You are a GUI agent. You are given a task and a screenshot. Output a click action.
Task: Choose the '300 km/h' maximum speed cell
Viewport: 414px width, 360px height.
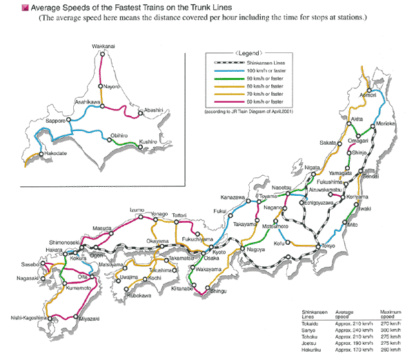coord(391,331)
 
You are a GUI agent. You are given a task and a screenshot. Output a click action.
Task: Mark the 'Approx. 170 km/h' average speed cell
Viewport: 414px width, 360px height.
coord(352,349)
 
